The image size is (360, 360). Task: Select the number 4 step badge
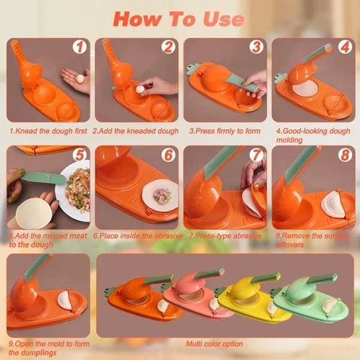[343, 48]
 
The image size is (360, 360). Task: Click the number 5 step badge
[80, 155]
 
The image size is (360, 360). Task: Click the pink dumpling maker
[194, 292]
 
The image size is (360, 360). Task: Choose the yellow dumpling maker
[248, 295]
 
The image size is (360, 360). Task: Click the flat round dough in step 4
[307, 89]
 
